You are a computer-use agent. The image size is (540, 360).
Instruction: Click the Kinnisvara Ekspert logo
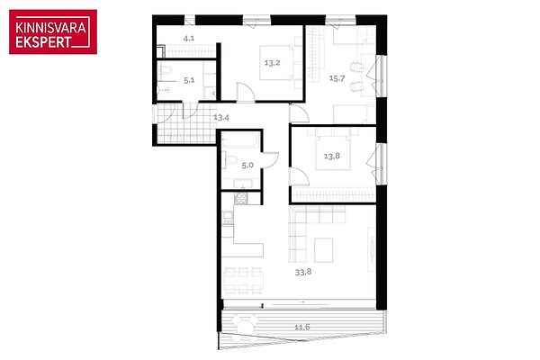click(53, 31)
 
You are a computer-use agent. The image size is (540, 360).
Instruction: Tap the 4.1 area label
click(189, 38)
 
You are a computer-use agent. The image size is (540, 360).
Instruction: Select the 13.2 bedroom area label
click(272, 63)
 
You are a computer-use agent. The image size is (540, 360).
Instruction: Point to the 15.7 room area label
click(337, 78)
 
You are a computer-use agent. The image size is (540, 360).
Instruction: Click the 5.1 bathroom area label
click(189, 81)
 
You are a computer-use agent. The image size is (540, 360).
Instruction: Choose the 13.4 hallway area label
click(221, 118)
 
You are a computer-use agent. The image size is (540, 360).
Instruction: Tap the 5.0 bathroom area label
click(247, 166)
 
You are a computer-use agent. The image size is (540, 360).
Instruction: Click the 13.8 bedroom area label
click(332, 156)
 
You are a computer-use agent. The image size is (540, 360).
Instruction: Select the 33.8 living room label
click(303, 272)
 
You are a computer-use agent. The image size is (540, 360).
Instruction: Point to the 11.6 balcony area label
click(302, 327)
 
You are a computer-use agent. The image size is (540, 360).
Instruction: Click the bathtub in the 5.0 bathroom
click(240, 141)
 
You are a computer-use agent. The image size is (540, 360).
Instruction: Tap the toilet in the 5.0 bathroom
click(231, 160)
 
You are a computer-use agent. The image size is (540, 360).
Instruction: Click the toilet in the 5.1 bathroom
click(166, 70)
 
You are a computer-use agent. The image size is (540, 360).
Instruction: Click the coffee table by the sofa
click(323, 250)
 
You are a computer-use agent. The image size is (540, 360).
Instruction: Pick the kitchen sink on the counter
click(228, 216)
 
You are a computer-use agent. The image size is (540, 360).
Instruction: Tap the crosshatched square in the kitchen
click(240, 198)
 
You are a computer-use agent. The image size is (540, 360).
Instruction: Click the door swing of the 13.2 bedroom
click(246, 93)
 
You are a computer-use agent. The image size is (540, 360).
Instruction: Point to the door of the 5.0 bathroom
click(270, 160)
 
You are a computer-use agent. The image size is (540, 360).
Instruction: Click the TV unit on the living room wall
click(372, 249)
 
